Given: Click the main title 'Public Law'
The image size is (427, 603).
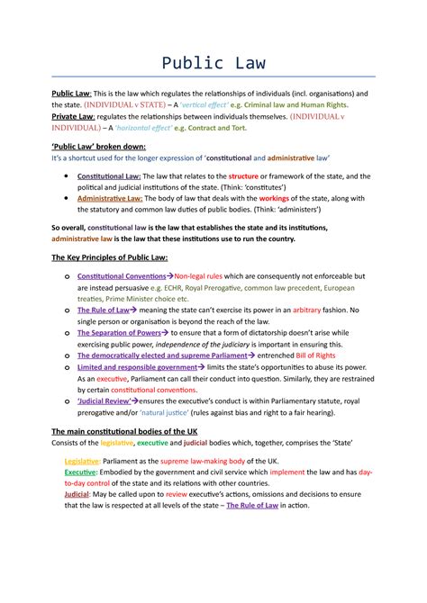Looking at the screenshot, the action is pos(213,63).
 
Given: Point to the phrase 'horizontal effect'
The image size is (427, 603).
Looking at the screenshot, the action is pos(153,128).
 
